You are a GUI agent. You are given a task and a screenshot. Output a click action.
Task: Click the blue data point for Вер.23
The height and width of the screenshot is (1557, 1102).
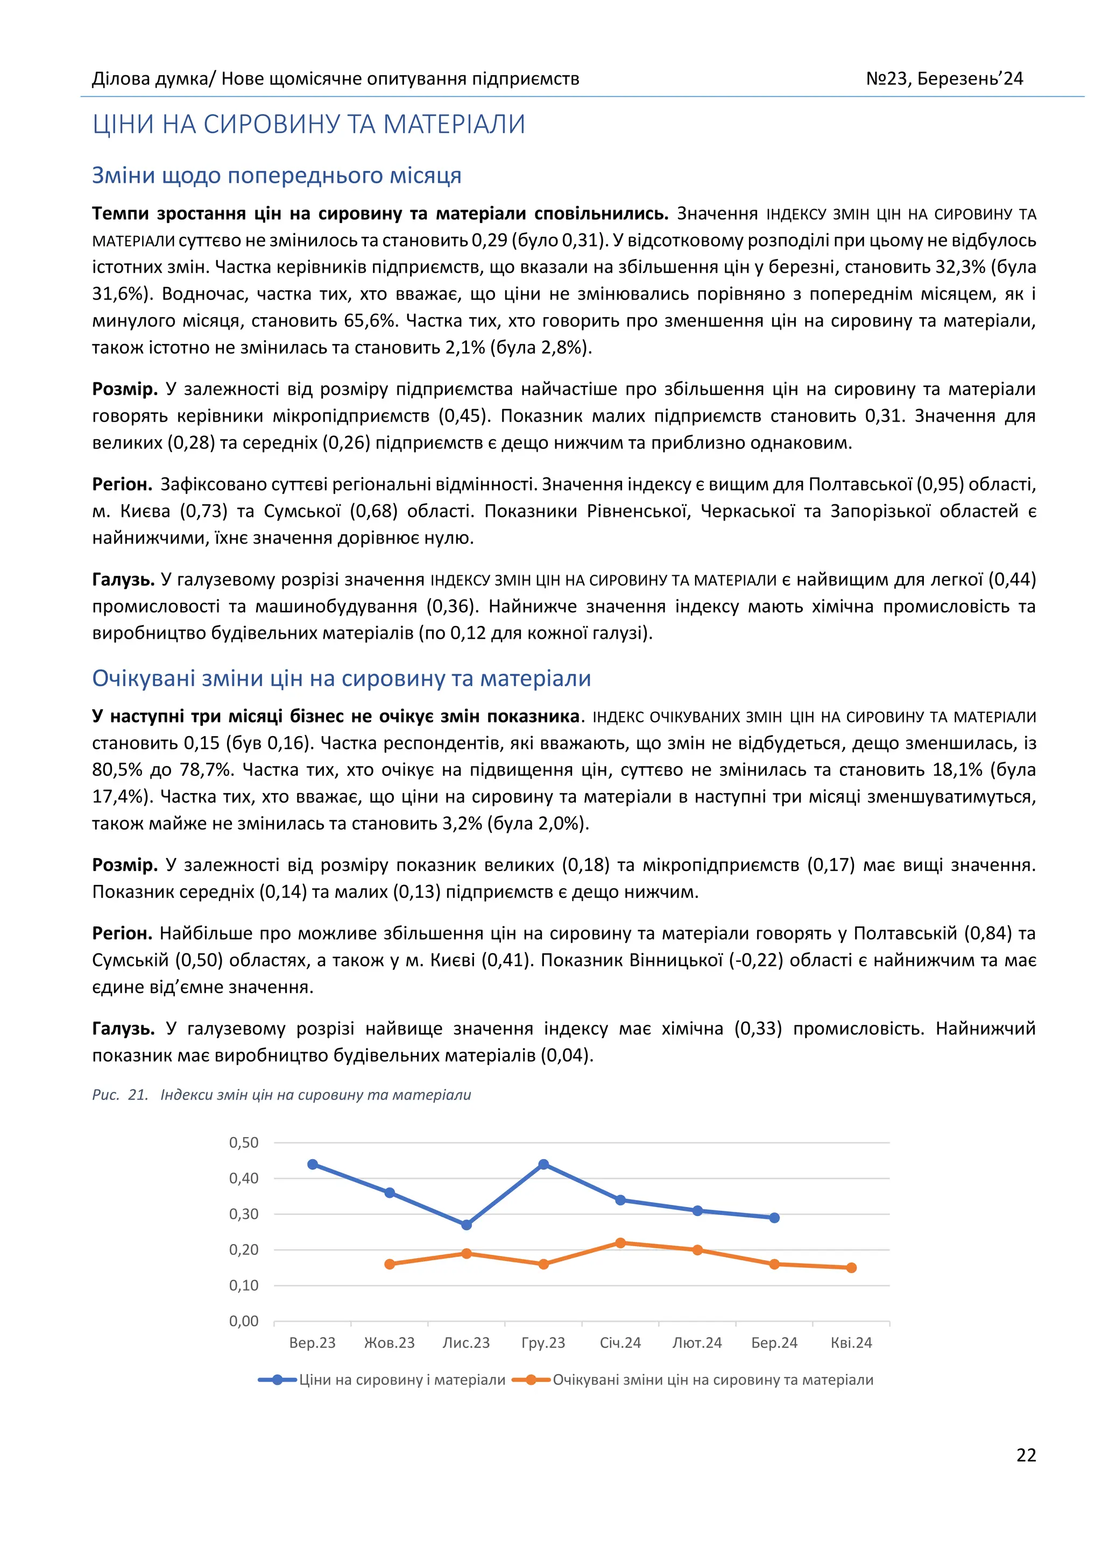(x=313, y=1165)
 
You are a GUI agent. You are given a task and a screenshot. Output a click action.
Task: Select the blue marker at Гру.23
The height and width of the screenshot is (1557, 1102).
(x=543, y=1165)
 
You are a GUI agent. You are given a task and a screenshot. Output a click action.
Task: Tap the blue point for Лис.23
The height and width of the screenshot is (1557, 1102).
(x=466, y=1225)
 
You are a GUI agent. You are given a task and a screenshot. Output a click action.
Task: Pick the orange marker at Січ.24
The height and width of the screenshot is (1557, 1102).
(x=620, y=1243)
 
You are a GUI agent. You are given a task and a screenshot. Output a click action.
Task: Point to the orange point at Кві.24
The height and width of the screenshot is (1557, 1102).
(x=852, y=1267)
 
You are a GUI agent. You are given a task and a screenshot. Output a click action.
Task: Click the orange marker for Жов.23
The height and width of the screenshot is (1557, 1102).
(x=390, y=1264)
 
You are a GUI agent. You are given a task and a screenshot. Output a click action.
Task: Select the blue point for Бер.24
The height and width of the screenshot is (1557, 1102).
(x=774, y=1218)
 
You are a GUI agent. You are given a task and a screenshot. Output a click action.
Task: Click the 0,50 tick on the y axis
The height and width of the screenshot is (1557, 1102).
(x=244, y=1142)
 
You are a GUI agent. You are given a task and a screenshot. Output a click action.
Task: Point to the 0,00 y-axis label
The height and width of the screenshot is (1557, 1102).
(x=244, y=1321)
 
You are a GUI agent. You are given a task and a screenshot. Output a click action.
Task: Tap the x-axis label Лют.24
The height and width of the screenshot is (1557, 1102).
(x=697, y=1342)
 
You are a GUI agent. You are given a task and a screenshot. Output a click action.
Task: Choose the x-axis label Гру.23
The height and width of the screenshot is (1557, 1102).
(x=543, y=1342)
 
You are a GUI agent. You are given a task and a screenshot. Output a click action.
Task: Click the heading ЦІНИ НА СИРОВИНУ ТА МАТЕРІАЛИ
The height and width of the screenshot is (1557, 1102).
(x=309, y=125)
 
